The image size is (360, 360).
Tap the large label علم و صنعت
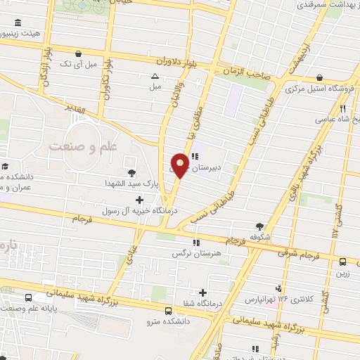(x=82, y=146)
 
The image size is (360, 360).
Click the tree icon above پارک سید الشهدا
(x=131, y=172)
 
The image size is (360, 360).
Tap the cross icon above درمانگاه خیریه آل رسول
(x=141, y=200)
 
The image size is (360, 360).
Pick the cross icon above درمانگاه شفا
(x=203, y=292)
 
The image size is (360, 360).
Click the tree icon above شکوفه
(x=260, y=226)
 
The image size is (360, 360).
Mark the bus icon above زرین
(x=342, y=262)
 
